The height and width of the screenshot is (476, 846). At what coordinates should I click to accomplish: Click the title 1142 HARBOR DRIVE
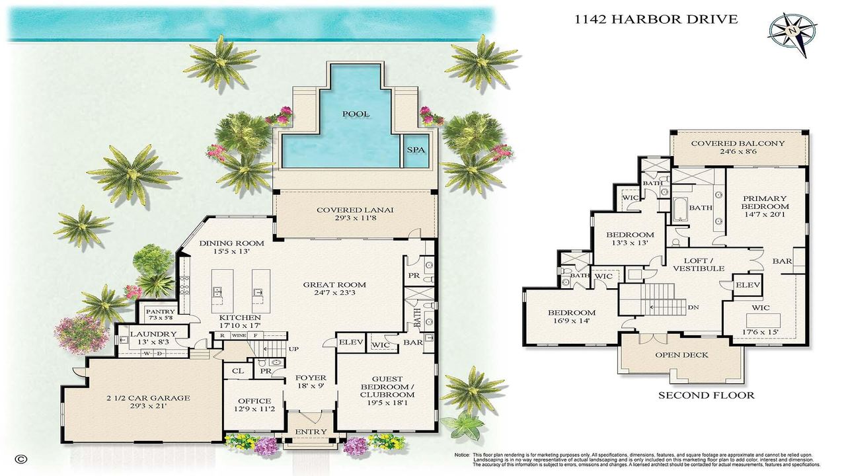tap(656, 19)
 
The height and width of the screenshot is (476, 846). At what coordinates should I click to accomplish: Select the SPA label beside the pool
tap(415, 150)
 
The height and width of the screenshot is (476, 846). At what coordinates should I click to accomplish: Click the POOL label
tap(356, 114)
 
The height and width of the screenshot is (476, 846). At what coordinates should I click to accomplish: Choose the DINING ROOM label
tap(227, 243)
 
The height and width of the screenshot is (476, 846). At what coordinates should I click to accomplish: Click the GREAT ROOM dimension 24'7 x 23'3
tap(334, 293)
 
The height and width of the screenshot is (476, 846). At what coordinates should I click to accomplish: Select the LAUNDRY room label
tap(153, 334)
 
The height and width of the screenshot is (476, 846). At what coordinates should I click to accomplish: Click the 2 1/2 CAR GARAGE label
tap(148, 398)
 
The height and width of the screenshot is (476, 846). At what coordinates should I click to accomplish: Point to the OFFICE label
tap(254, 401)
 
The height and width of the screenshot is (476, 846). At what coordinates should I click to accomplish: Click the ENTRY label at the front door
tap(311, 432)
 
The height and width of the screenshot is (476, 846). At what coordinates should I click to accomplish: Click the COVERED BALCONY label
tap(738, 143)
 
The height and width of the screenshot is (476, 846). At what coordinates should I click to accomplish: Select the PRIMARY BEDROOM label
tap(764, 202)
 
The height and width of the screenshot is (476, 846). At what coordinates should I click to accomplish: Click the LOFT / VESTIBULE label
tap(699, 264)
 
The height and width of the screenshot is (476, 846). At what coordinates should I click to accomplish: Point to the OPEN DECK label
tap(681, 355)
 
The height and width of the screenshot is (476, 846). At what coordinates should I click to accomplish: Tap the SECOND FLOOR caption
tap(706, 395)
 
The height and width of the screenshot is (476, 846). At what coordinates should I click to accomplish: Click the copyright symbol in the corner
tap(21, 458)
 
